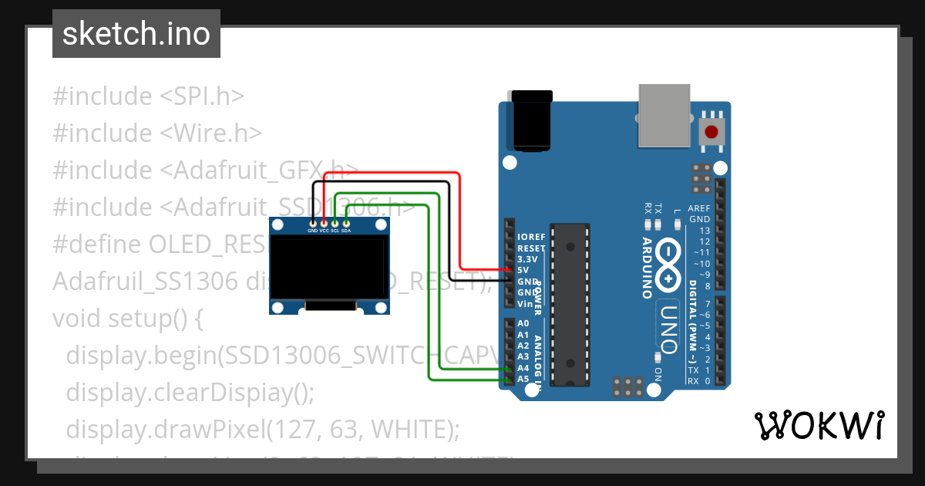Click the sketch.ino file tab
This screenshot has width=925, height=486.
136,34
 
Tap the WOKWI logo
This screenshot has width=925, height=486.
819,425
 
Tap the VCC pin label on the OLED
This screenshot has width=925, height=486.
324,231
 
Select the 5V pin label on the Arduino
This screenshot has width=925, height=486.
523,271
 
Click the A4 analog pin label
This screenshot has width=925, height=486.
523,368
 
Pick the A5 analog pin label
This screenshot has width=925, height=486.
523,379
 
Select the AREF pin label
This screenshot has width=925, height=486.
698,209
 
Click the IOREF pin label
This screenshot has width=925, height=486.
531,237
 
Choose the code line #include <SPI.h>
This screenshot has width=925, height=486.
148,96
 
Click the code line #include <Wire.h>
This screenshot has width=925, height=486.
157,133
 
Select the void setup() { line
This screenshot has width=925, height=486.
127,318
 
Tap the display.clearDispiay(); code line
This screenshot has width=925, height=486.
190,392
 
